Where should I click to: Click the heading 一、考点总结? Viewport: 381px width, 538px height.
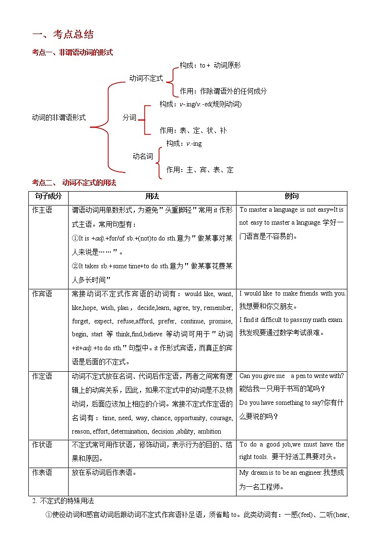(x=62, y=34)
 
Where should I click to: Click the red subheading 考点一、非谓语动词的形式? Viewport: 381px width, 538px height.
(x=72, y=53)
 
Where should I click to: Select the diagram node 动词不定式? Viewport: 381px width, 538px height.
(x=146, y=78)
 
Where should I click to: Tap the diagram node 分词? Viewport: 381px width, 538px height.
(x=130, y=117)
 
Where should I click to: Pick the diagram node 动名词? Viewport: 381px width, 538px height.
(x=143, y=156)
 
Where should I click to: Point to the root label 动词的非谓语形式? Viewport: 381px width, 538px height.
(x=59, y=117)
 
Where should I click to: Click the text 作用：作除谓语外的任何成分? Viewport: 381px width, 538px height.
(x=223, y=91)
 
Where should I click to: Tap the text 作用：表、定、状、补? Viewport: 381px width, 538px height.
(x=193, y=130)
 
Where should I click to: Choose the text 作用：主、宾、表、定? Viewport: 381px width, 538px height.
(x=200, y=170)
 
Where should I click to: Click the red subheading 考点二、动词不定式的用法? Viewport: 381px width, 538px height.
(x=74, y=183)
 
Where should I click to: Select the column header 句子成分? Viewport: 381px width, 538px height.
(x=48, y=196)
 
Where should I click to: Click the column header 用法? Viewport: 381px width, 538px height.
(x=152, y=196)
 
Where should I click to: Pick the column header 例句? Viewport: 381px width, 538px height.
(x=292, y=196)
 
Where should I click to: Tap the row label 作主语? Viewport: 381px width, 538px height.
(x=42, y=210)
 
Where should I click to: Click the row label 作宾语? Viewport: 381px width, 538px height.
(x=42, y=294)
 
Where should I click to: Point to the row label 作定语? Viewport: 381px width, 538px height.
(x=42, y=377)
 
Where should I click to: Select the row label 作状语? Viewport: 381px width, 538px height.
(x=42, y=445)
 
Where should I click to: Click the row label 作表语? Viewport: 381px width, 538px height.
(x=42, y=472)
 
